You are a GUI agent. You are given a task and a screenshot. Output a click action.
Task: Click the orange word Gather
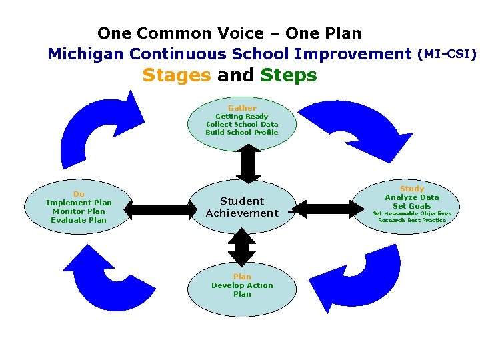pos(242,108)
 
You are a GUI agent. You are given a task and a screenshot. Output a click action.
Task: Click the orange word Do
pos(79,194)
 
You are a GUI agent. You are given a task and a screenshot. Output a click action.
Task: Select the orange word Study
pos(412,189)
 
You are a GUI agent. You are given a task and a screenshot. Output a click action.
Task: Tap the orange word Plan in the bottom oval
pos(242,277)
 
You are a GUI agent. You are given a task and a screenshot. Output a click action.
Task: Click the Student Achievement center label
pos(242,207)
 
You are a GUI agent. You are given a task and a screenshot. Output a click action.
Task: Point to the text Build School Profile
pos(242,132)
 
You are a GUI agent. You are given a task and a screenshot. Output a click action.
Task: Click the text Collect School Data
pos(242,124)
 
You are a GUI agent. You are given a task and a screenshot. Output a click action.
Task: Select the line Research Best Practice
pos(412,220)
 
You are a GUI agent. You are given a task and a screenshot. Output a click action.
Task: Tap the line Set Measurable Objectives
pos(412,213)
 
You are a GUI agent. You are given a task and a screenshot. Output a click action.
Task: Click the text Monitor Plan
pos(79,211)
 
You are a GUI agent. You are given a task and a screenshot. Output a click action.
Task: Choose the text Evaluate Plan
pos(79,220)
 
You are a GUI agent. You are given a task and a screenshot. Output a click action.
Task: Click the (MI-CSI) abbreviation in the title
pos(447,53)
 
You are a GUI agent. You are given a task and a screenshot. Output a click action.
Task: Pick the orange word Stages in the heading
pos(177,75)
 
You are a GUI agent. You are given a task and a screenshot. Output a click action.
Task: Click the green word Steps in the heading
pos(289,75)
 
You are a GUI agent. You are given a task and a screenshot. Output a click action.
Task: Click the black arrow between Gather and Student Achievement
pos(249,163)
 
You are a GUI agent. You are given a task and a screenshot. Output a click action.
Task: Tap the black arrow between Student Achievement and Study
pos(326,209)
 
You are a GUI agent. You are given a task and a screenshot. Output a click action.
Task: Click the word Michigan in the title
pos(86,53)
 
